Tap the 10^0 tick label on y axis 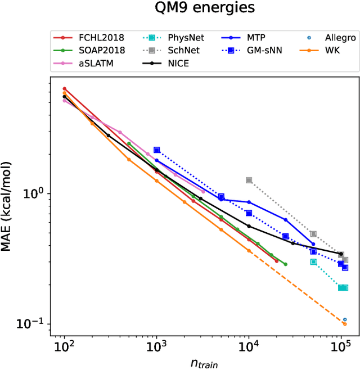coord(35,193)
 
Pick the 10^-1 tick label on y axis coord(34,324)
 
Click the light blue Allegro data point coord(345,319)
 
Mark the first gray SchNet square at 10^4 coord(249,181)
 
